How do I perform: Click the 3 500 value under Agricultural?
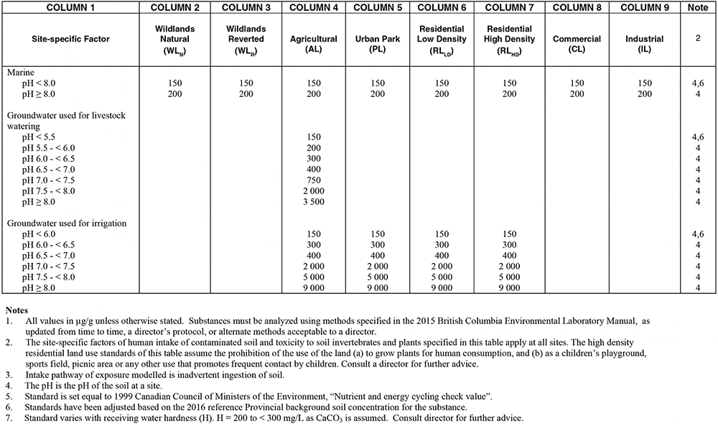[x=314, y=202]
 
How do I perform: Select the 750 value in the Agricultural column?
[x=314, y=180]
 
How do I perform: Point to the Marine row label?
[x=22, y=73]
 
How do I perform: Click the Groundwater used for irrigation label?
[x=66, y=223]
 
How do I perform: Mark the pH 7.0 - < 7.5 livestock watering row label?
[x=47, y=180]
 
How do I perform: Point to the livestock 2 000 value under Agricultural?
[x=314, y=191]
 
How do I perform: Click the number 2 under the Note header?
[x=697, y=38]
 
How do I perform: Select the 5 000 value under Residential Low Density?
[x=444, y=277]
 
